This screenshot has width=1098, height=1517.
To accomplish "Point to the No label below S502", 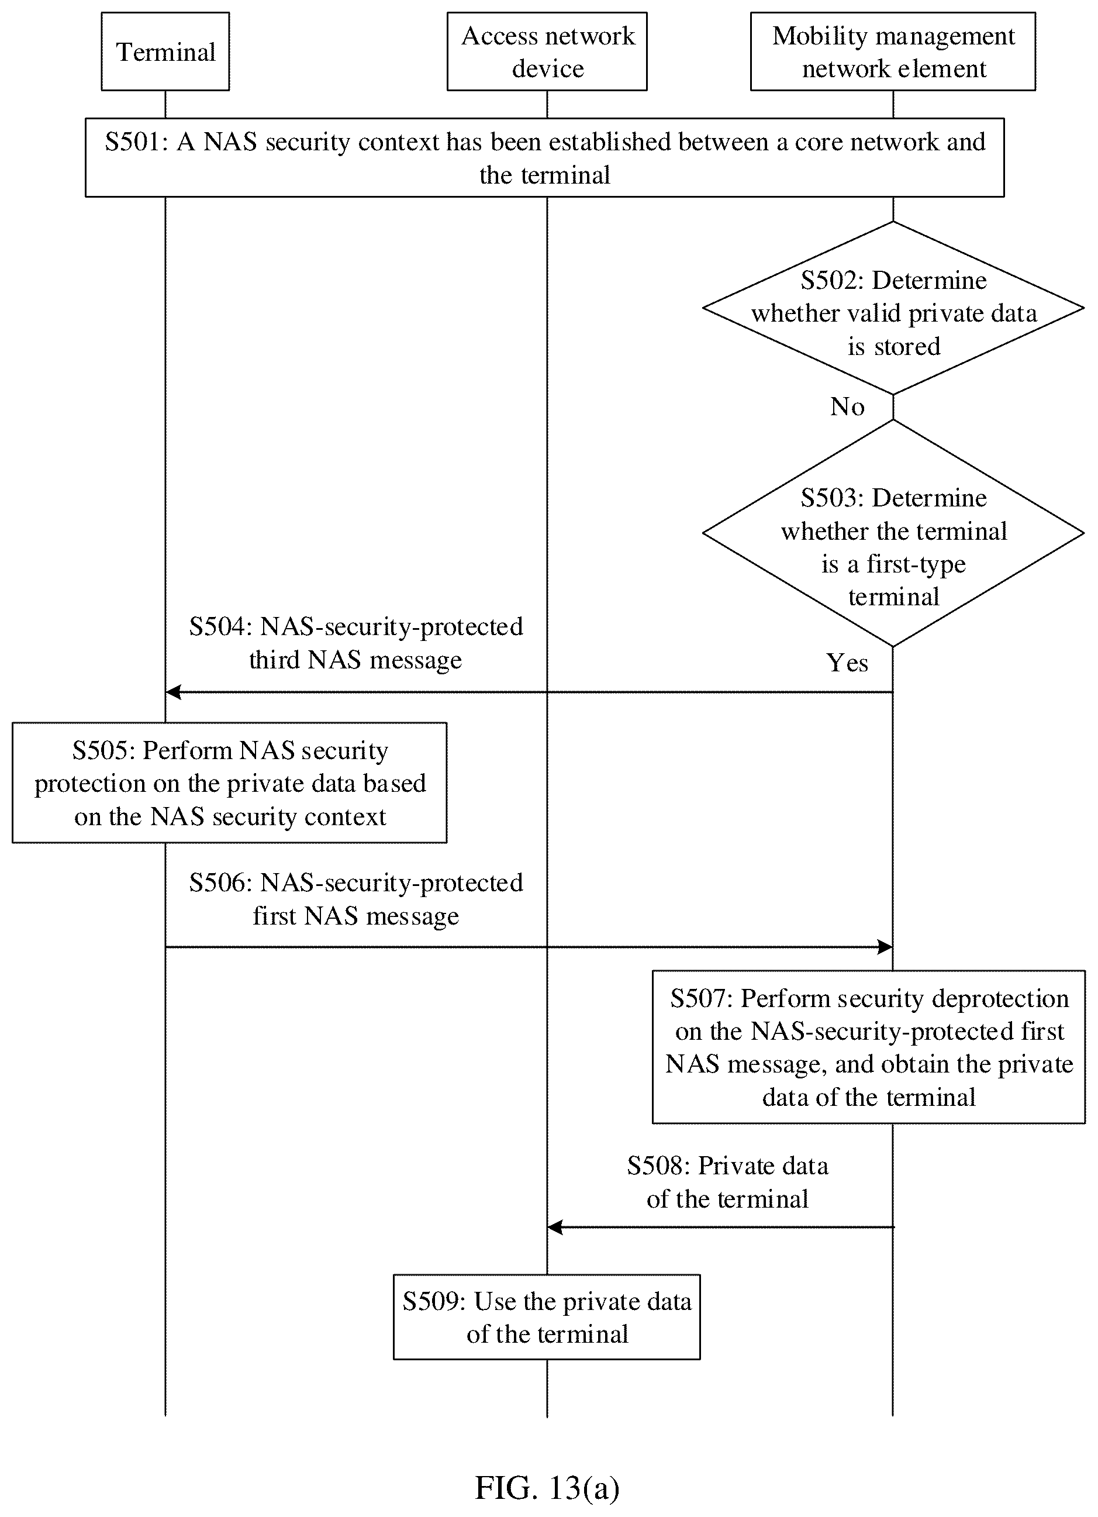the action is [x=847, y=406].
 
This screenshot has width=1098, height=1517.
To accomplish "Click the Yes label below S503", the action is [x=847, y=663].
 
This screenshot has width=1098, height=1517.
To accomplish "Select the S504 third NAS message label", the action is [x=355, y=643].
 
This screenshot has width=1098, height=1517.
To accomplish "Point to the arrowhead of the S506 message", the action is [x=885, y=947].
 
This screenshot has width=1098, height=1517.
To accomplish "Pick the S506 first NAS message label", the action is [x=355, y=899].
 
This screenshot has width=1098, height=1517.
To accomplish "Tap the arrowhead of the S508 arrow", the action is [x=555, y=1228].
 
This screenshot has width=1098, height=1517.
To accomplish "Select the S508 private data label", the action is [x=727, y=1182].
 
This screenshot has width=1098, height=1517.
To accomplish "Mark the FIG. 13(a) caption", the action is [x=547, y=1488].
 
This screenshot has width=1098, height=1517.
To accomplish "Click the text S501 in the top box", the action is [x=136, y=142].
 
